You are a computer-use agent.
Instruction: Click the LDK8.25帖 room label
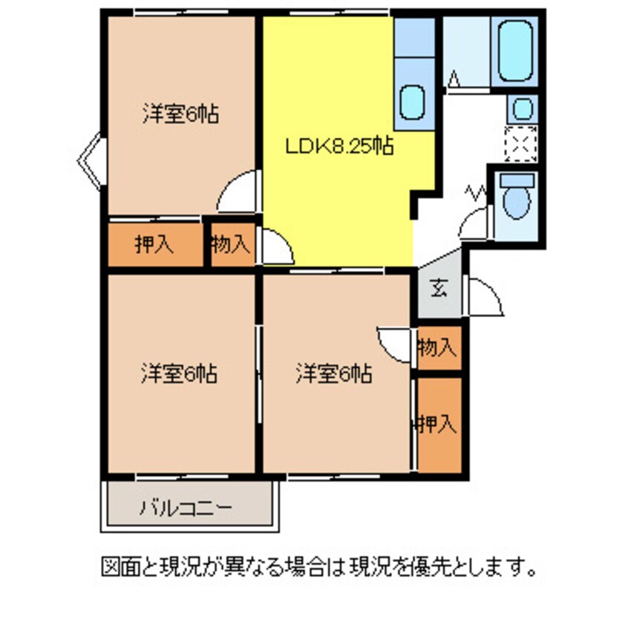[x=339, y=145]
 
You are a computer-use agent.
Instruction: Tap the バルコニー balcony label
[x=187, y=508]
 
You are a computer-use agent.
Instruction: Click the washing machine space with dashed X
[x=521, y=144]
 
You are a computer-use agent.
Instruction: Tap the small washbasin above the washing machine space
[x=522, y=110]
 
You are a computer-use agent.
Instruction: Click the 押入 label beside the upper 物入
[x=154, y=244]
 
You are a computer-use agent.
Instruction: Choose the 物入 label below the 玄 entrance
[x=436, y=347]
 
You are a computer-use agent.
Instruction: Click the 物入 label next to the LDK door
[x=230, y=244]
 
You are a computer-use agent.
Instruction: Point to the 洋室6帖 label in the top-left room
[x=180, y=115]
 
